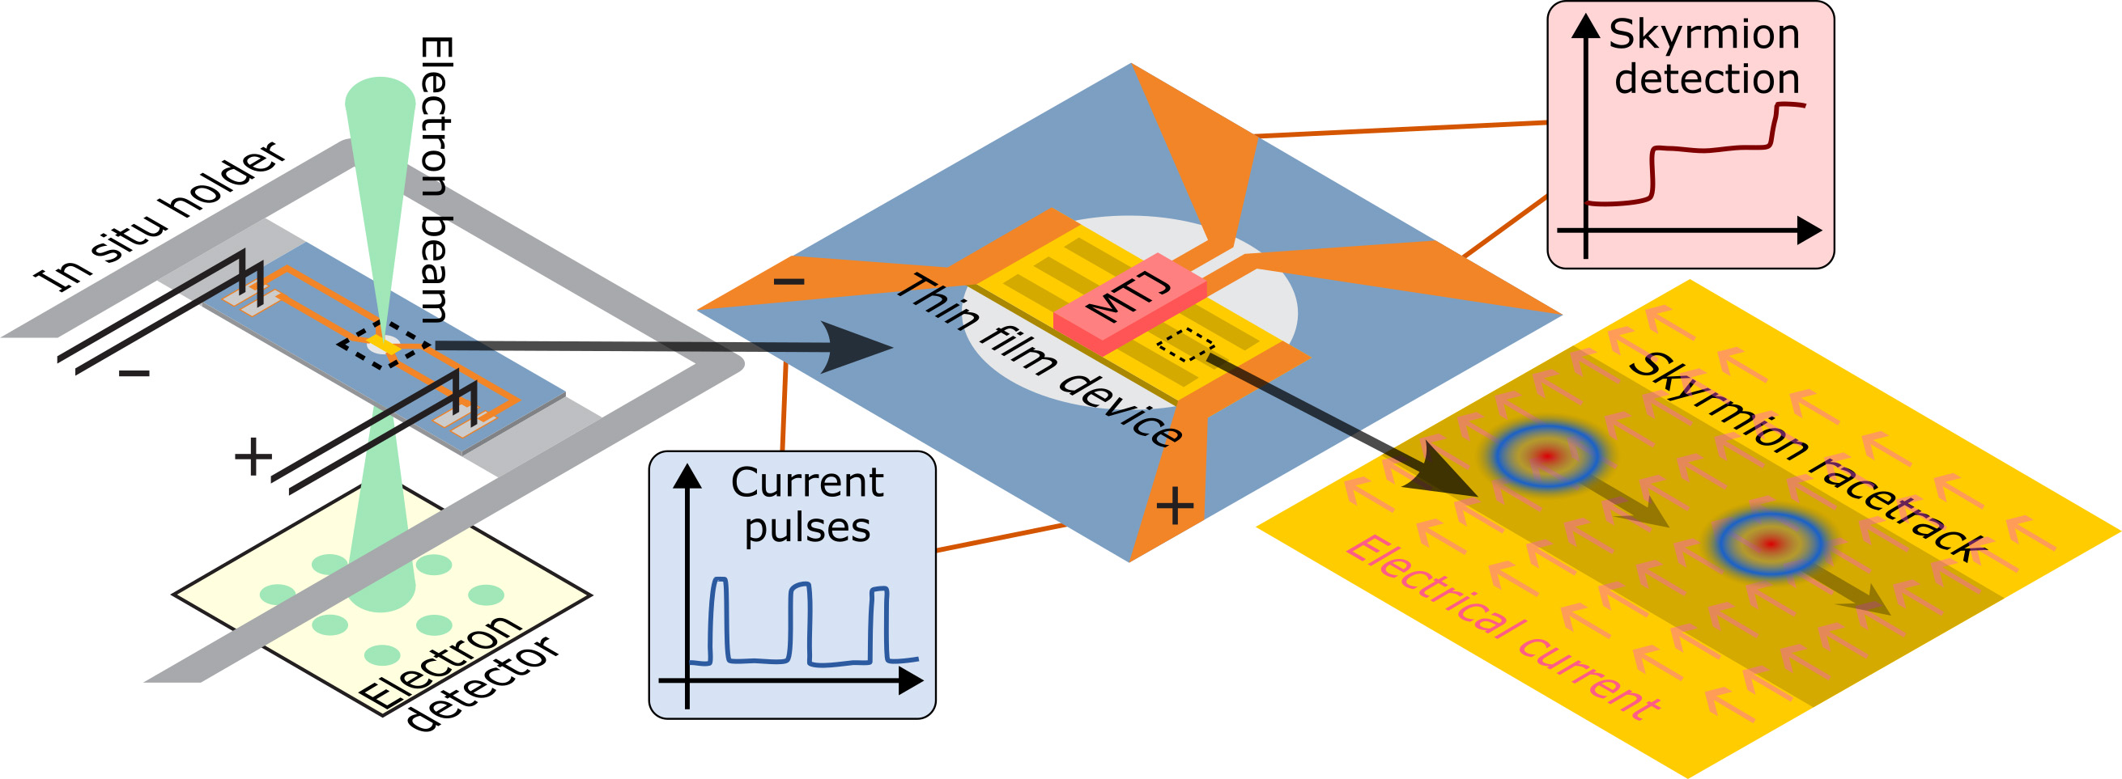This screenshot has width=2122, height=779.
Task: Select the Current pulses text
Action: point(807,505)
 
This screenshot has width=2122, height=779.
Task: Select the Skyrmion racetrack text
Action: point(1808,457)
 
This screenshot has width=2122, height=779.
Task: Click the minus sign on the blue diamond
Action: point(789,282)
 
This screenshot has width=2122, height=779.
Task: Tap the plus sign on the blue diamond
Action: point(1175,505)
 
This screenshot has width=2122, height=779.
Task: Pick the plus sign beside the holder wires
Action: point(253,457)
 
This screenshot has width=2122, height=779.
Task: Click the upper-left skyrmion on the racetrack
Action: point(1547,455)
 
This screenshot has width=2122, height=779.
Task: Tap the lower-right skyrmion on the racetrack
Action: point(1771,543)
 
